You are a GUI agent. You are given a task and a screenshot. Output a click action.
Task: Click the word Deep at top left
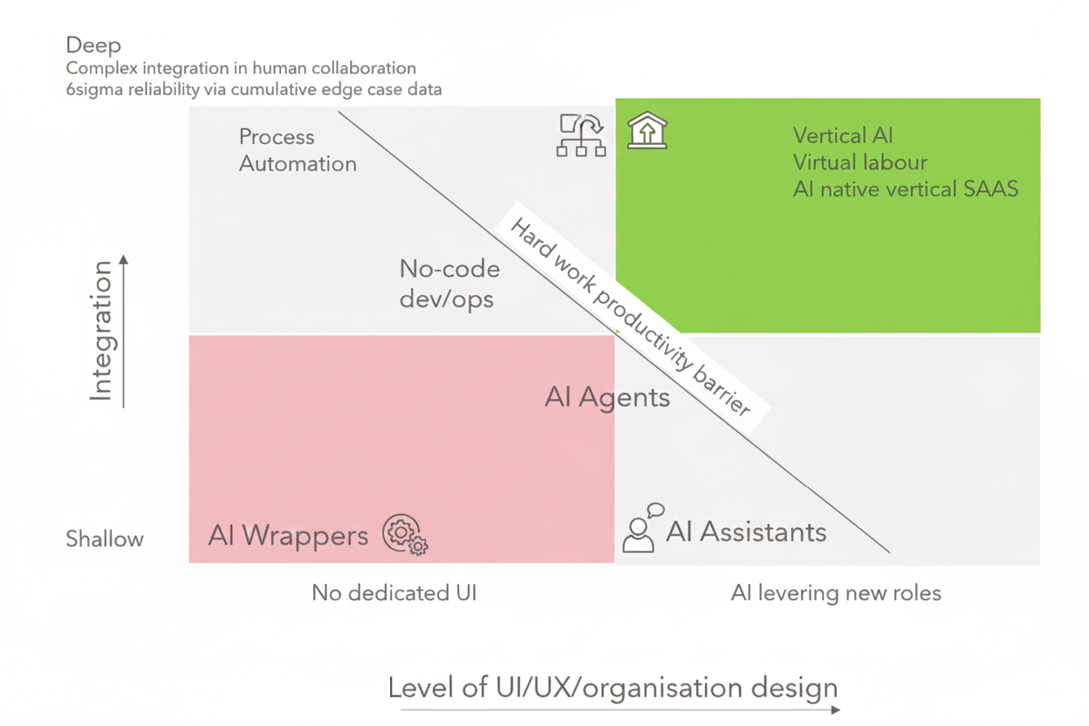tap(93, 45)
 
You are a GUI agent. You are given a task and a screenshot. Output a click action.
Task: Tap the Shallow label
tap(105, 539)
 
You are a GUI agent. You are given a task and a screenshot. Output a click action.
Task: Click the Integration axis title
tap(101, 332)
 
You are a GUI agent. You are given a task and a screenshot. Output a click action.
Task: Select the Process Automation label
tap(297, 150)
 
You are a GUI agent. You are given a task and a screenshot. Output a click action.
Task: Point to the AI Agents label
tap(607, 398)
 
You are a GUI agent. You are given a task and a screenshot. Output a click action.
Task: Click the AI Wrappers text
tap(288, 535)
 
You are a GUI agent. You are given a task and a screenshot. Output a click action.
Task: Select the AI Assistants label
tap(746, 531)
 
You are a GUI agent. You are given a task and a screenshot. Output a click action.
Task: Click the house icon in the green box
tap(647, 131)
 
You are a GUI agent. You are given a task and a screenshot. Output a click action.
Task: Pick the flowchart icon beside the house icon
tap(581, 135)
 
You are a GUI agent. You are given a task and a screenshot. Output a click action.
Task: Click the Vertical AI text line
tap(843, 135)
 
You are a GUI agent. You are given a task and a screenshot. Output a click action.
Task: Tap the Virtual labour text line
tap(860, 162)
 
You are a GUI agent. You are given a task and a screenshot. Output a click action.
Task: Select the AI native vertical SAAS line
tap(905, 188)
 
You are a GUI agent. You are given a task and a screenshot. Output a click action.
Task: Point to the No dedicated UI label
tap(394, 593)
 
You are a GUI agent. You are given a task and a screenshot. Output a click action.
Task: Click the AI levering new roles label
tap(836, 593)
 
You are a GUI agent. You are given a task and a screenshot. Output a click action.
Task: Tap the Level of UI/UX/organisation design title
tap(613, 688)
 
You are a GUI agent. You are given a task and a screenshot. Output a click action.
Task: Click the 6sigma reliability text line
tap(253, 89)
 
